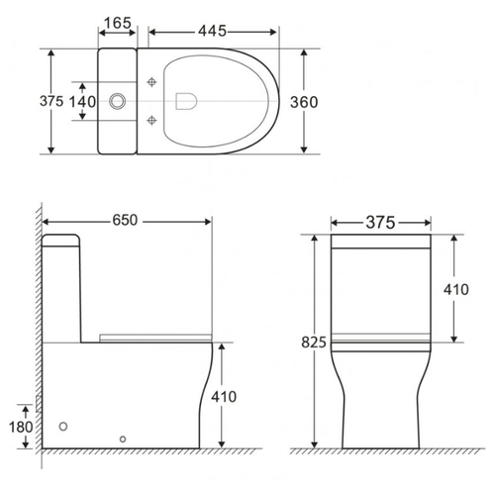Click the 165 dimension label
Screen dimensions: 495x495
118,23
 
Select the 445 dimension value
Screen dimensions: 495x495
212,31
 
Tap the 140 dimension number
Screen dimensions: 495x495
82,102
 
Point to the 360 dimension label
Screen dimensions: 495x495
304,102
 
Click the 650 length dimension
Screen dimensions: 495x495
125,220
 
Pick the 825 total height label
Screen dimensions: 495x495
314,343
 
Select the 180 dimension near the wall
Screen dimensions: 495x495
21,427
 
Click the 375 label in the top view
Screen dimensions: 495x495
51,101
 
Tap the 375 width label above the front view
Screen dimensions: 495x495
380,223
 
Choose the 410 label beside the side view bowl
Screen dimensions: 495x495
224,397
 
